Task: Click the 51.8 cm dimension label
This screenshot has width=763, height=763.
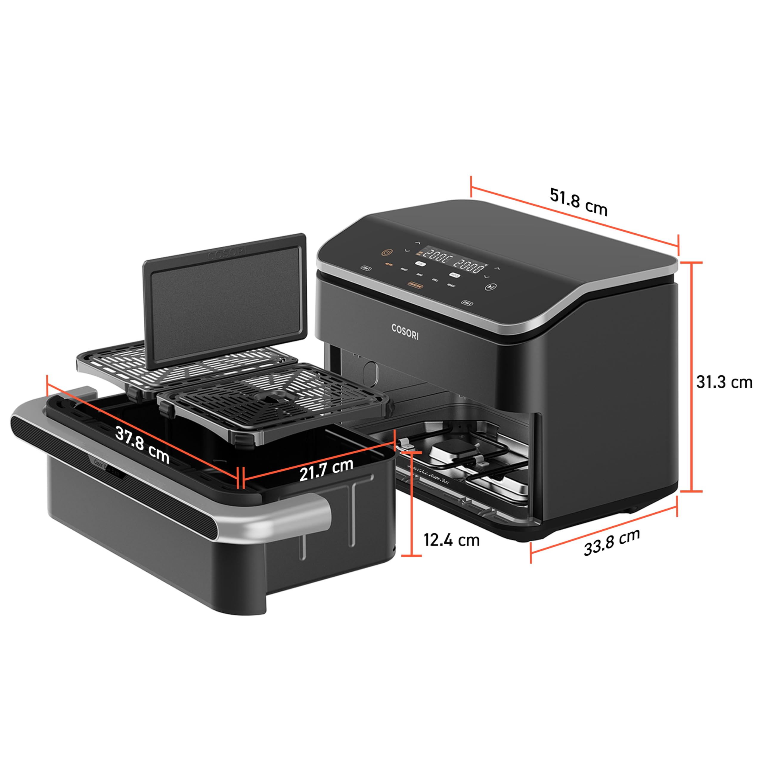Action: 578,202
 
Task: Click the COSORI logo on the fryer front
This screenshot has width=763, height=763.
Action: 405,331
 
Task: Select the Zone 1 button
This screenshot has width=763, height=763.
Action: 366,269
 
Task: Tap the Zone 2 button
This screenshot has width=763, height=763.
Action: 467,303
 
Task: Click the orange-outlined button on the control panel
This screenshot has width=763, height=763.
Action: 415,285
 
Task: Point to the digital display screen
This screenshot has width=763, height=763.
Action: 452,261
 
